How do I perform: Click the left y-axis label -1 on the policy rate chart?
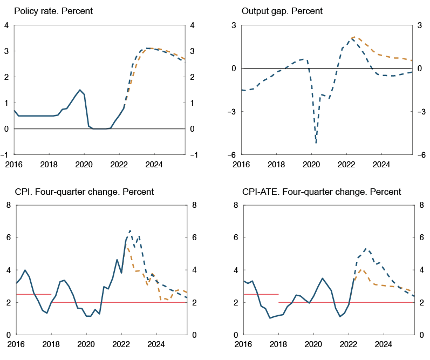coord(6,155)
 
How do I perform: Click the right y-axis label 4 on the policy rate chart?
coord(192,25)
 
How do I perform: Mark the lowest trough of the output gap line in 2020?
coord(316,143)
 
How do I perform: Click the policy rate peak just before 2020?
coord(80,90)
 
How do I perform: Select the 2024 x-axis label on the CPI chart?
coord(156,344)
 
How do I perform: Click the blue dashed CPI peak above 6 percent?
coord(130,230)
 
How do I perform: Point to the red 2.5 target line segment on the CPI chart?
coord(33,294)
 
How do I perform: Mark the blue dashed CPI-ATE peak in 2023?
coord(366,249)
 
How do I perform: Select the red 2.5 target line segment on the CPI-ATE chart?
coord(261,294)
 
